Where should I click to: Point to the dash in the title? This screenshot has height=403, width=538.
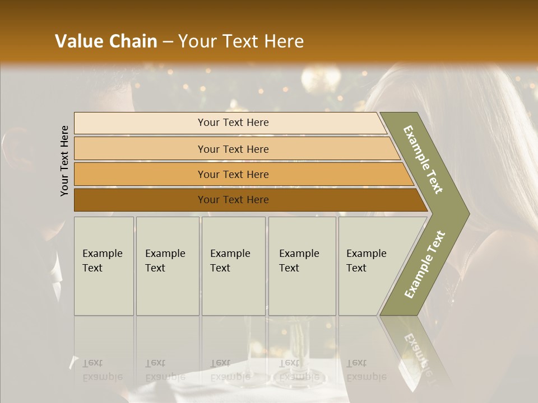pos(168,42)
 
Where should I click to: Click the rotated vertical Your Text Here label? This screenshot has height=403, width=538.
pos(64,161)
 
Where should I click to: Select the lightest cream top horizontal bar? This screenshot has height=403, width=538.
pos(233,123)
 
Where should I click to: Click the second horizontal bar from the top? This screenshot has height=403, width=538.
pos(233,149)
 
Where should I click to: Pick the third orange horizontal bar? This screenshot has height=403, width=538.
pos(233,174)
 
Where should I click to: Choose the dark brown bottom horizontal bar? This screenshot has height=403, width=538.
pos(233,200)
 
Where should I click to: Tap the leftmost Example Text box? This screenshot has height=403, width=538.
pos(104,266)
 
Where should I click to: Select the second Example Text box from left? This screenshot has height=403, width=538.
pos(168,266)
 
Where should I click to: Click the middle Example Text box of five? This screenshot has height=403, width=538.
pos(233,266)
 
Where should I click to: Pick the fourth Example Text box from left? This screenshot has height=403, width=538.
pos(302,266)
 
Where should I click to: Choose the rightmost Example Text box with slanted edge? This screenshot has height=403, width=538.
pos(370,266)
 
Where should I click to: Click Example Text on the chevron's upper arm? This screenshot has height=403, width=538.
pos(423,160)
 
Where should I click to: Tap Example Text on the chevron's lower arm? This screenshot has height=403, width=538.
pos(424,264)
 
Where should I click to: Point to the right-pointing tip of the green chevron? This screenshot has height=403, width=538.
pos(468,213)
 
